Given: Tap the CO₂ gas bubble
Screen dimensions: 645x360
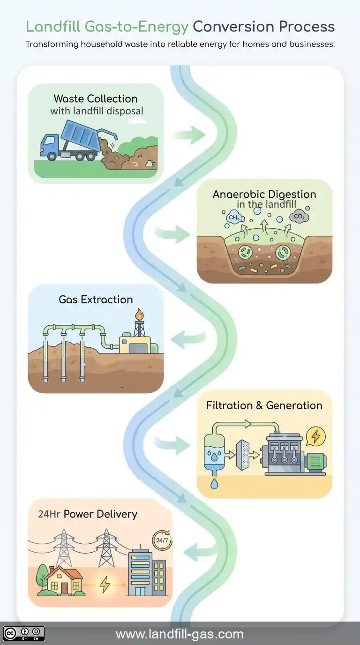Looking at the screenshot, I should (x=299, y=217).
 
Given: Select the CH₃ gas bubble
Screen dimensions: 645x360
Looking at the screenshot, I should (x=234, y=217).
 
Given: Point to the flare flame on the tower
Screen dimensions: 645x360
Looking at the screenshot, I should (x=139, y=314).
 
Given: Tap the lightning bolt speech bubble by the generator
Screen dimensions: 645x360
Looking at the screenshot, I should (x=315, y=436).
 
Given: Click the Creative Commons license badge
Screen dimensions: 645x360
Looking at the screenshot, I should (x=23, y=633).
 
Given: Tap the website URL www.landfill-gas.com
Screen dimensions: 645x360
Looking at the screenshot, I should (x=180, y=634).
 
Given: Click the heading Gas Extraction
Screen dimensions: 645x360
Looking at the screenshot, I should (x=96, y=300).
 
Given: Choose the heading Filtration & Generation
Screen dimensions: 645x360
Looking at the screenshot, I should (x=264, y=405).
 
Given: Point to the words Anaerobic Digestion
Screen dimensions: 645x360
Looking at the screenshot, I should (x=264, y=194).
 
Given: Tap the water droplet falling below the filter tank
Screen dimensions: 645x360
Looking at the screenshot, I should (x=214, y=483).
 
